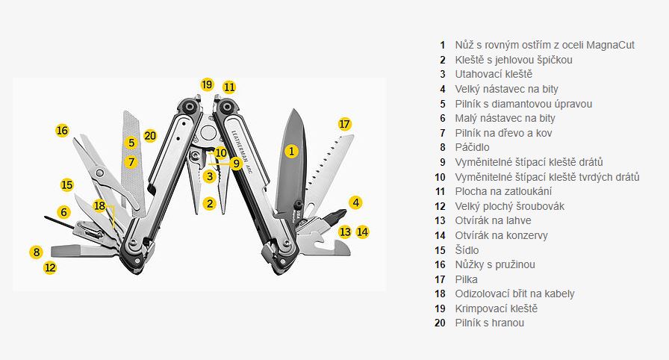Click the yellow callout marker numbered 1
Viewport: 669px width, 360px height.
point(291,151)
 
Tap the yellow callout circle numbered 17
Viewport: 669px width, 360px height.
point(344,124)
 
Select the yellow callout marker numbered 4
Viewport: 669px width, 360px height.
point(356,202)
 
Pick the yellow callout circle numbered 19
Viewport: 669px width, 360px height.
point(207,84)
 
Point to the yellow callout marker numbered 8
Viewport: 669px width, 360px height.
point(37,252)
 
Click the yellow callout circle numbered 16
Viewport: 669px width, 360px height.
point(62,130)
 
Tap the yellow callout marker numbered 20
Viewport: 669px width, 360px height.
point(150,136)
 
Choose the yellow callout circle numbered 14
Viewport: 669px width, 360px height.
point(362,232)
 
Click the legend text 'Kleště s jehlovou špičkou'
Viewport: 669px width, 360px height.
point(514,60)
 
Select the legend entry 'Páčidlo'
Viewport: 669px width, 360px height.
point(473,147)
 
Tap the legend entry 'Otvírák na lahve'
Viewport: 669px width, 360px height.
point(494,220)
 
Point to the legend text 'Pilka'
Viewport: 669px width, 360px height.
point(467,279)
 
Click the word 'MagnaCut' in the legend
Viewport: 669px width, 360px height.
point(611,45)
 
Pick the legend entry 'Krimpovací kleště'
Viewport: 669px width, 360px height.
point(497,308)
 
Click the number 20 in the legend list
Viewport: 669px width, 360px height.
point(440,323)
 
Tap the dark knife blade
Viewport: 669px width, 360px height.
point(291,162)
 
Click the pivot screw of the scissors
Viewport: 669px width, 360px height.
point(100,173)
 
